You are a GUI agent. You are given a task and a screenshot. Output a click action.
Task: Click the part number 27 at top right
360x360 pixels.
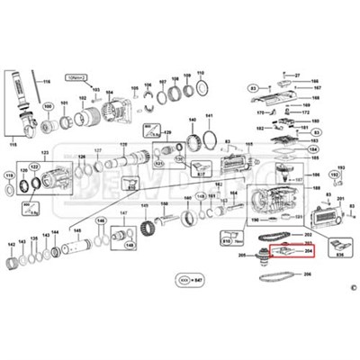(297, 75)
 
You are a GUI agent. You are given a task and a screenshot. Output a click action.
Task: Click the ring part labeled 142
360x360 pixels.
(13, 265)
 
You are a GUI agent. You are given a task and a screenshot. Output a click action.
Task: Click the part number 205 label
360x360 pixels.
(242, 256)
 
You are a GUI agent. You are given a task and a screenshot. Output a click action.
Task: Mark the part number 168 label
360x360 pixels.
(316, 97)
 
